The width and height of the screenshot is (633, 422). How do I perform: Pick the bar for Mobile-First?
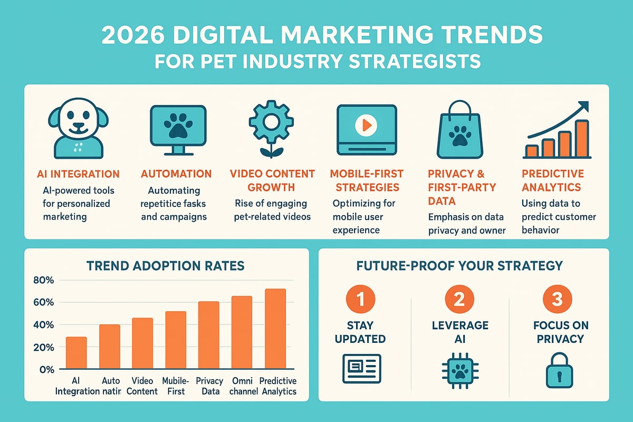click(x=175, y=340)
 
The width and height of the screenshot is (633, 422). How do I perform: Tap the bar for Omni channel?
click(x=242, y=332)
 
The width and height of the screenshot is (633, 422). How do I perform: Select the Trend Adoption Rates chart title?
click(x=166, y=265)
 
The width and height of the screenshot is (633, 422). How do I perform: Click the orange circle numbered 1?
click(x=361, y=300)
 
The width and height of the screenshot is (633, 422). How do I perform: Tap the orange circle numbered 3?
click(x=557, y=300)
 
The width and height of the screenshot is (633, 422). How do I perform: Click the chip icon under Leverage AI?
click(x=458, y=369)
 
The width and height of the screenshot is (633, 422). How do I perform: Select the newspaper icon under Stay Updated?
click(x=361, y=368)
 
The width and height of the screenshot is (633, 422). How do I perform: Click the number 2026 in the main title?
click(x=133, y=35)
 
